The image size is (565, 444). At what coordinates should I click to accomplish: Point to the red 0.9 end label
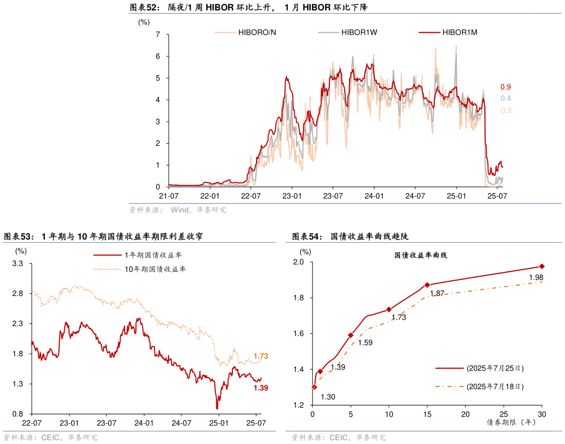tap(505, 87)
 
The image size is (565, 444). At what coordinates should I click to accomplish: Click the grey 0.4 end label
tap(505, 99)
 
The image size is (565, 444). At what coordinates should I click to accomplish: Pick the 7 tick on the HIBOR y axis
tap(158, 35)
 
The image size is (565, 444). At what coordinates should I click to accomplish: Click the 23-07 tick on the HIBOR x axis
tap(333, 196)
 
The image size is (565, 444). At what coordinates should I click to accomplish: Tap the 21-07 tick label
tap(169, 196)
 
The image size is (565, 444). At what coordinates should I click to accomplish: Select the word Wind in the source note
tap(179, 209)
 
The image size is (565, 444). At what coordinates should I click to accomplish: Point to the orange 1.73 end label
tap(261, 356)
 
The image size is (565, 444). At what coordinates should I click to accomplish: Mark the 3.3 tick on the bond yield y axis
tap(18, 264)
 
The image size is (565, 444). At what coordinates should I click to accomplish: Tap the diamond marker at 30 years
tap(541, 266)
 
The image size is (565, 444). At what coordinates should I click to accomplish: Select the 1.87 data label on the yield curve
tap(437, 293)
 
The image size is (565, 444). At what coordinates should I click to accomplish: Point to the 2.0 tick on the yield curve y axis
tap(298, 262)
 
